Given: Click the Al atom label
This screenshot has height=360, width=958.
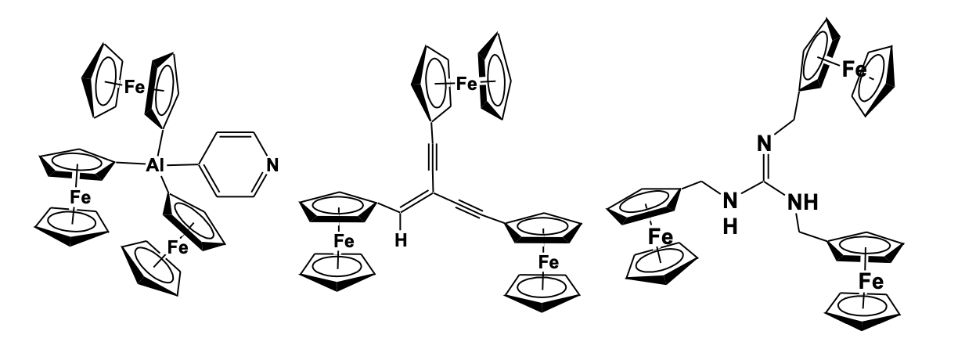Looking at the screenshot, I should (x=157, y=167).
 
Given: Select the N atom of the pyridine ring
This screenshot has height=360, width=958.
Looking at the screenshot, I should (x=271, y=166).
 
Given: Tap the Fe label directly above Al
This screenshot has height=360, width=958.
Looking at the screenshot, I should (x=134, y=86).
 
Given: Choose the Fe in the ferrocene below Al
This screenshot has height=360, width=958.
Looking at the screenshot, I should (x=178, y=248).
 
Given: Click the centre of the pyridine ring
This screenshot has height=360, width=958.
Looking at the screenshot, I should (x=232, y=166).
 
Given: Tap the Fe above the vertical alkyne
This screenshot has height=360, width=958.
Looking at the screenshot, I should (x=468, y=83).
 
